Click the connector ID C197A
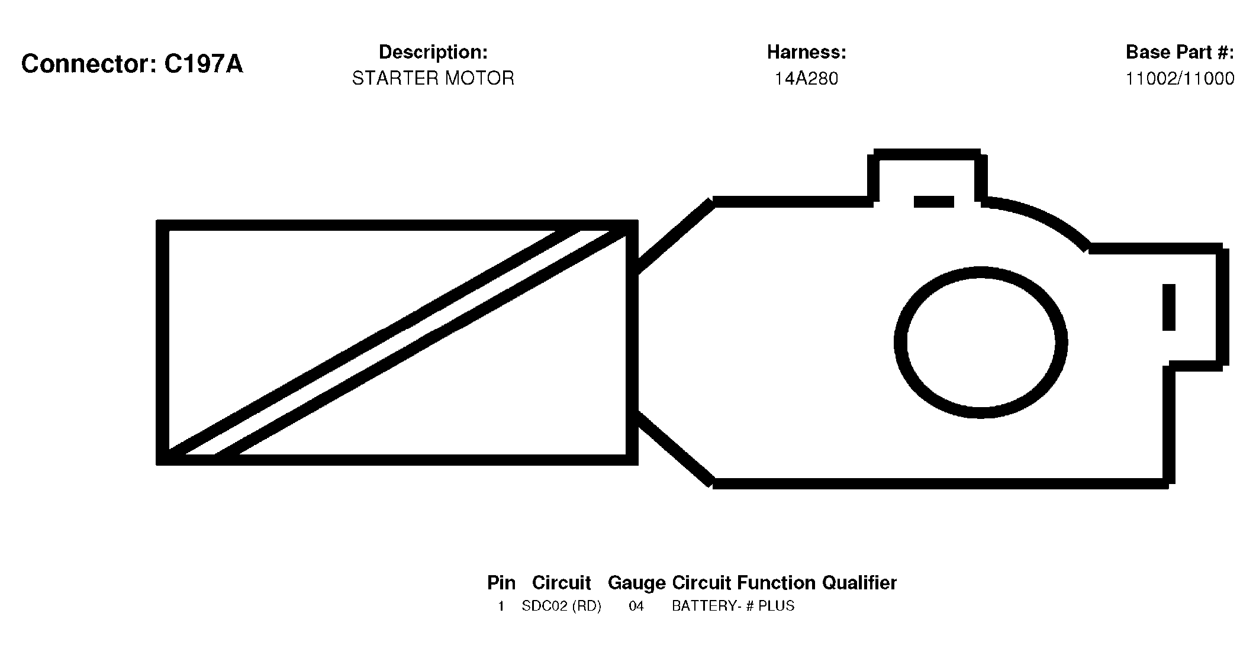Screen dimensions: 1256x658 click(204, 64)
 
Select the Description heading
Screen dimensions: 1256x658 click(433, 53)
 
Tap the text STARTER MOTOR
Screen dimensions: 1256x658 click(433, 78)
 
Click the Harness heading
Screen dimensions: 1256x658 click(807, 53)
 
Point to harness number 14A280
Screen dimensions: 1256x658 click(807, 79)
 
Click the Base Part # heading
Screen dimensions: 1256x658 click(1180, 53)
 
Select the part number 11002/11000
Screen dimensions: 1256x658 click(1180, 79)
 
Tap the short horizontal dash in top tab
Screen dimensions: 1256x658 click(934, 202)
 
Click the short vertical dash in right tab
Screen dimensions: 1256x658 click(1169, 307)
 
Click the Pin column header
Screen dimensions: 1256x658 click(501, 583)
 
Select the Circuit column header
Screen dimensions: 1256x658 click(562, 583)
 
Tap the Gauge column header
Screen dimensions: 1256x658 click(637, 583)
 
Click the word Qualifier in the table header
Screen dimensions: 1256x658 click(859, 583)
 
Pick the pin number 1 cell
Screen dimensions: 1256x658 click(501, 607)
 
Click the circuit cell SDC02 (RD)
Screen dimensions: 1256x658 click(561, 607)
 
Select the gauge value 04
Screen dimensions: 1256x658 click(636, 607)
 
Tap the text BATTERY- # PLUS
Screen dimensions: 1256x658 click(733, 607)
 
